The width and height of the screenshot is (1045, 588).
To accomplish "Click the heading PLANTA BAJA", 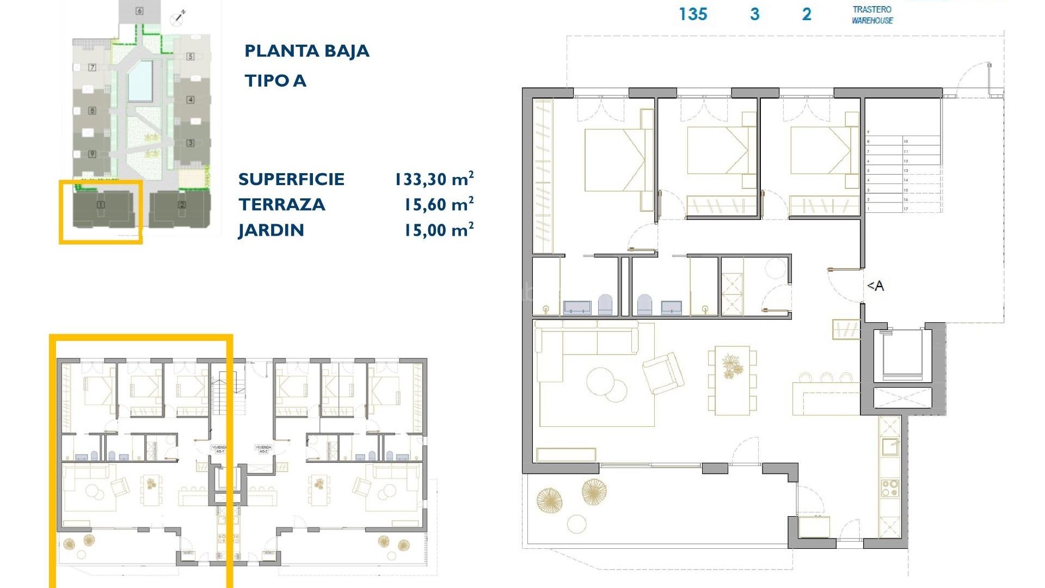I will coord(306,51).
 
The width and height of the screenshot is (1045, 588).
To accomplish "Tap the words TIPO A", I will coord(275,81).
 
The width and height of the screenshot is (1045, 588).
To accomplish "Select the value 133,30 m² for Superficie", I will coord(434,179).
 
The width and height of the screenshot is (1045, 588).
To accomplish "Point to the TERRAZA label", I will coord(281,205).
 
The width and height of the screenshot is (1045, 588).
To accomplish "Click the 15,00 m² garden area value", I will coord(438,230).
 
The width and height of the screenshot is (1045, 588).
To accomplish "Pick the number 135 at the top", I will coord(693,14).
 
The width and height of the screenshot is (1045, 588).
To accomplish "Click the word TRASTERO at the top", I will coord(872,9).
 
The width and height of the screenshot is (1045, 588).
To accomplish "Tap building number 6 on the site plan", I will coord(139,11).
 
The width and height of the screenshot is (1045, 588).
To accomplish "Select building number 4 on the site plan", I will coord(190,100).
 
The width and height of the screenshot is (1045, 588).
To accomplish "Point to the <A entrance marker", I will coord(875,286).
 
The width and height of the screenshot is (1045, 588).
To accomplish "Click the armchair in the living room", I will coord(663,373).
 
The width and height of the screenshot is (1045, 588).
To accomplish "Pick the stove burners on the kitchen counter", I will coord(889,488).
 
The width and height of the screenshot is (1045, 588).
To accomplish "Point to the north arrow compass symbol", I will coord(177,17).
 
